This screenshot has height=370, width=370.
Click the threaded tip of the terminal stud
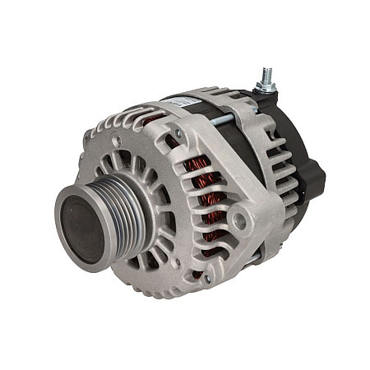tap(265, 75)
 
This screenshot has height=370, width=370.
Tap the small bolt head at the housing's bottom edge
tap(206, 279)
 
